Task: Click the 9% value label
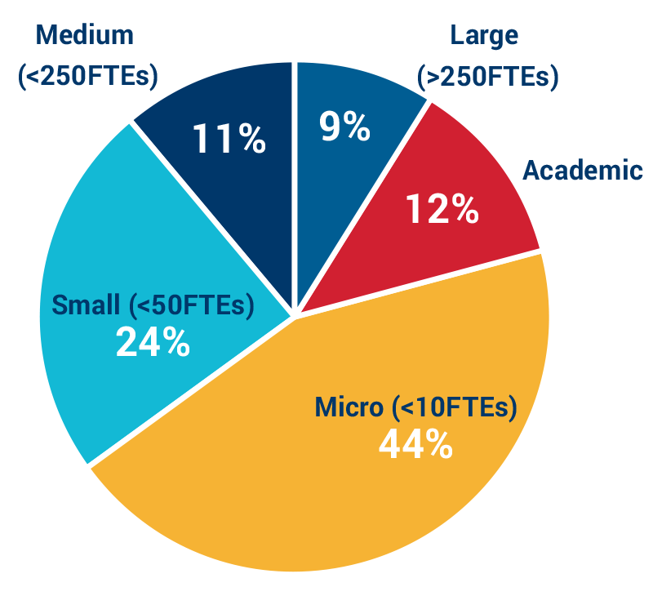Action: pyautogui.click(x=344, y=127)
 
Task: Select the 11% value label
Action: pyautogui.click(x=229, y=139)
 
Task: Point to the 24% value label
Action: pyautogui.click(x=153, y=343)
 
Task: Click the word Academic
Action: pyautogui.click(x=582, y=171)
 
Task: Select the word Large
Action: pyautogui.click(x=484, y=36)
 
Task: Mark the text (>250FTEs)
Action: pyautogui.click(x=487, y=78)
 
